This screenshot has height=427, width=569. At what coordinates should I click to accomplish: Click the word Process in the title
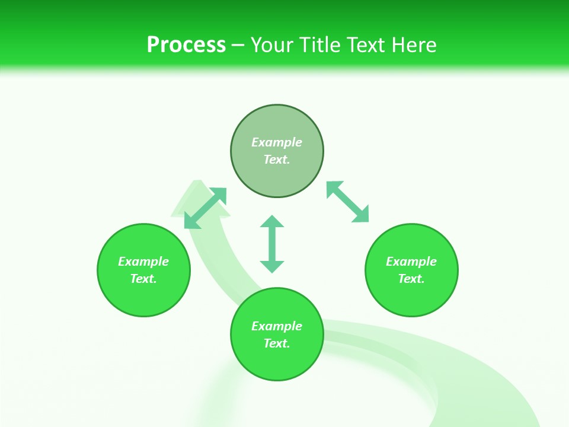pyautogui.click(x=186, y=44)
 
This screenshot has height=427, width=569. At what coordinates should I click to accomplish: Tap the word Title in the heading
pyautogui.click(x=320, y=44)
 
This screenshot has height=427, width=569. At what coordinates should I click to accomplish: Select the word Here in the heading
pyautogui.click(x=413, y=44)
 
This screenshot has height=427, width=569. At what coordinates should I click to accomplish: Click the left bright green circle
pyautogui.click(x=143, y=297)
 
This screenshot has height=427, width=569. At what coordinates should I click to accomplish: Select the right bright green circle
pyautogui.click(x=411, y=297)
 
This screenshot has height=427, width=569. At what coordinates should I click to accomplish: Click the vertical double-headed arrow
pyautogui.click(x=272, y=244)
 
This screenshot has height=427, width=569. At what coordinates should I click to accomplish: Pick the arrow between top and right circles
pyautogui.click(x=347, y=202)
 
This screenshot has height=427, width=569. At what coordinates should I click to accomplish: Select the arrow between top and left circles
pyautogui.click(x=205, y=208)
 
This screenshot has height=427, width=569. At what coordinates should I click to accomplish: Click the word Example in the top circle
pyautogui.click(x=277, y=142)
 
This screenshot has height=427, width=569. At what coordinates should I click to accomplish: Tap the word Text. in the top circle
pyautogui.click(x=277, y=160)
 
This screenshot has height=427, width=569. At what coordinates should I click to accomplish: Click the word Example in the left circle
pyautogui.click(x=143, y=262)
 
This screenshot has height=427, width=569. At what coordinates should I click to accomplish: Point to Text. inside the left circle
pyautogui.click(x=143, y=279)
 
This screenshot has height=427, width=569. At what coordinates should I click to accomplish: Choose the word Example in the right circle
pyautogui.click(x=411, y=262)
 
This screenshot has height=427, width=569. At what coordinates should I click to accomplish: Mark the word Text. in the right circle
pyautogui.click(x=411, y=279)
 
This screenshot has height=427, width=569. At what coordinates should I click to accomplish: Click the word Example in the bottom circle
pyautogui.click(x=277, y=326)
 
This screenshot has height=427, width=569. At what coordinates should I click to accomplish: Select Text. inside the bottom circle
pyautogui.click(x=277, y=343)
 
